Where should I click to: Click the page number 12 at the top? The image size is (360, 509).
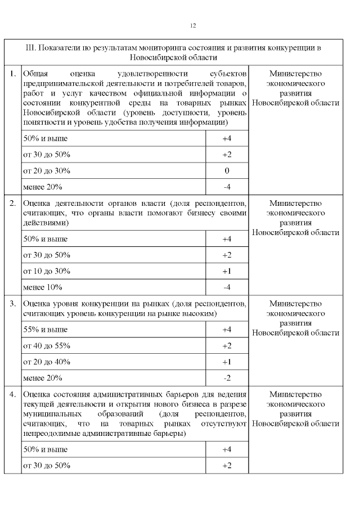pos(193,26)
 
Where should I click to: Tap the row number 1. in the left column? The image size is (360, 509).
pos(12,74)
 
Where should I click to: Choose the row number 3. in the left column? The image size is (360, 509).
pos(12,304)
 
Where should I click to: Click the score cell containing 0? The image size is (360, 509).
pos(227,170)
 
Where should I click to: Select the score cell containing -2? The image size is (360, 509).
pos(227,377)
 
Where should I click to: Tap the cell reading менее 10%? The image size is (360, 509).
pos(42,287)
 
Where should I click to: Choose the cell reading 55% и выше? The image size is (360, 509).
pos(45,329)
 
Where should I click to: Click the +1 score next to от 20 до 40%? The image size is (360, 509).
pos(227,362)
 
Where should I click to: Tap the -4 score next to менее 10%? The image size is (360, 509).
pos(227,287)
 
